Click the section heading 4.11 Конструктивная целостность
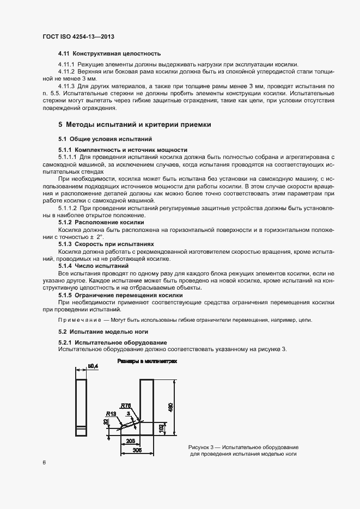[x=109, y=54]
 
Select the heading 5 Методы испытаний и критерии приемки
[x=134, y=124]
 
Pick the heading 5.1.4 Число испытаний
[x=90, y=266]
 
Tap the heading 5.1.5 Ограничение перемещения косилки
[x=117, y=295]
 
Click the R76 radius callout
[x=126, y=406]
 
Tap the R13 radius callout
[x=111, y=414]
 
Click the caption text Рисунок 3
[x=199, y=446]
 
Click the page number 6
[x=44, y=462]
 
